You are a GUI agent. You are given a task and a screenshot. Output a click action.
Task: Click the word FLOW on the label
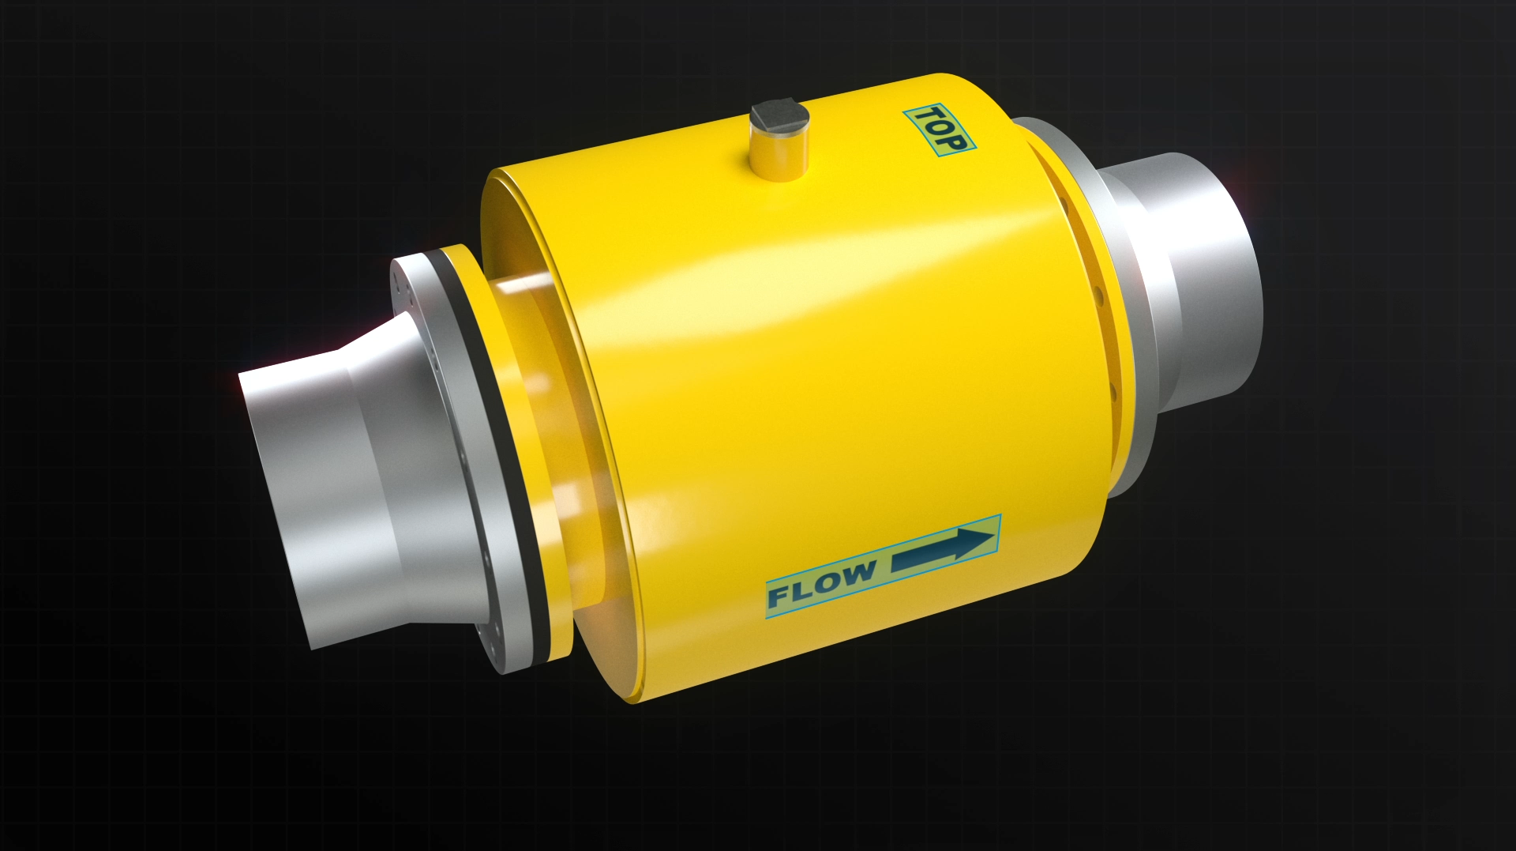821,583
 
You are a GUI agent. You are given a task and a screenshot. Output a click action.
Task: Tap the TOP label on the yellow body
940,130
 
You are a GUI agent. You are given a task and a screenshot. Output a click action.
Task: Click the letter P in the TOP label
953,143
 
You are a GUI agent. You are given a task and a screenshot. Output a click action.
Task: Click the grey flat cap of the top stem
777,117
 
